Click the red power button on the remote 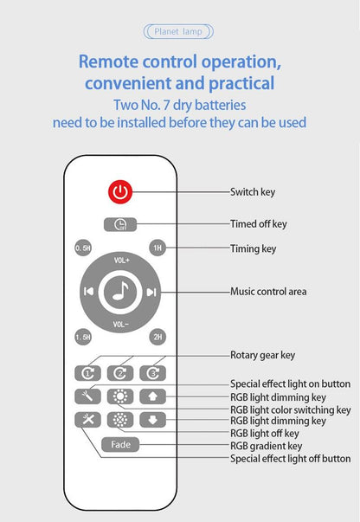click(120, 192)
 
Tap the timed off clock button click(120, 224)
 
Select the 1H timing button click(157, 248)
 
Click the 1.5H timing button click(83, 337)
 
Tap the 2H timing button click(157, 337)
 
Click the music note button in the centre click(120, 292)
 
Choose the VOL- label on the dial click(120, 325)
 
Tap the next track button click(151, 292)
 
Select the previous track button click(88, 292)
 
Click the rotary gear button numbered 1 click(87, 373)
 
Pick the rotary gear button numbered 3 click(152, 373)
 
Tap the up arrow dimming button click(152, 396)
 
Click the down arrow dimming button click(152, 420)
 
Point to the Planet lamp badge click(178, 32)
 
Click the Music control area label click(268, 292)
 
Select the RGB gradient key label click(267, 446)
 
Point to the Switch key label click(253, 192)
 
